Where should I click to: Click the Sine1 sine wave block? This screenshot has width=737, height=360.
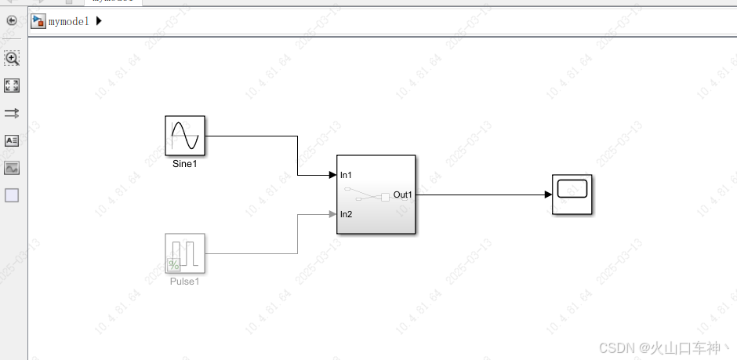[185, 136]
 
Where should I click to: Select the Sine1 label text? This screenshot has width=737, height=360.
[185, 165]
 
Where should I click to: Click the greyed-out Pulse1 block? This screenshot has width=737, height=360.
[185, 253]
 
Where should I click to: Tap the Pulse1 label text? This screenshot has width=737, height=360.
[185, 282]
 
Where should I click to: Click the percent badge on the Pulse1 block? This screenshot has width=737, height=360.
[173, 264]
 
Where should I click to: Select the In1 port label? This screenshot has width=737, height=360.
[346, 175]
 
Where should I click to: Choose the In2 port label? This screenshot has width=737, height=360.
[346, 214]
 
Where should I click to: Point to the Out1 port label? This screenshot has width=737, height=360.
[402, 195]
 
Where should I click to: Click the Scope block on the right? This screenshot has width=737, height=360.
[572, 195]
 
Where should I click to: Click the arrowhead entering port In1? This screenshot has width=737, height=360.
[332, 175]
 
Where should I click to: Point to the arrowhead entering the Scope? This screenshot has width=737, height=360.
[547, 195]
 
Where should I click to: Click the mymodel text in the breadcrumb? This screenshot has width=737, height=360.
[69, 21]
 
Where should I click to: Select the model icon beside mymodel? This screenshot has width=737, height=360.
[38, 21]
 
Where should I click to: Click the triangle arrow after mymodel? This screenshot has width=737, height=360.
[99, 21]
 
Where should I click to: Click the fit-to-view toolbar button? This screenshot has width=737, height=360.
[12, 85]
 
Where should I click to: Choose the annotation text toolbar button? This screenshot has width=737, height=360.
[12, 141]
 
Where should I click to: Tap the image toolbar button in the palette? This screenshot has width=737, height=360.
[12, 168]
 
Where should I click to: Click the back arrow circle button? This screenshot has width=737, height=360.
[12, 20]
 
